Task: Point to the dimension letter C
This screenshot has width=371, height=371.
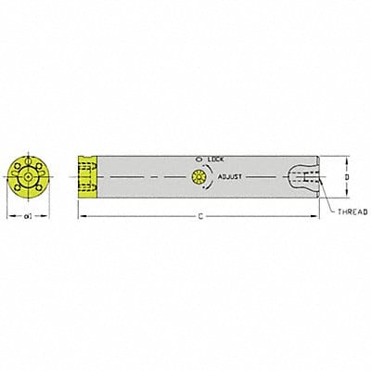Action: (x=202, y=214)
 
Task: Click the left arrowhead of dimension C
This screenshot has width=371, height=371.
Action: (x=80, y=214)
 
